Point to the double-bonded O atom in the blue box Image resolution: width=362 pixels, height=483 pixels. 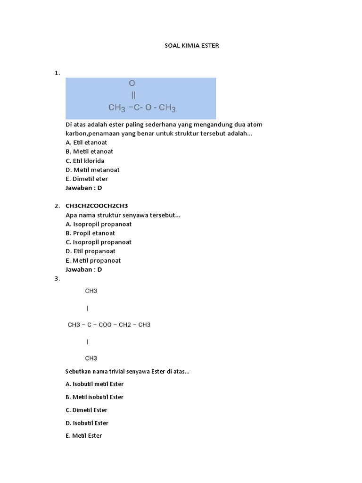tap(132, 83)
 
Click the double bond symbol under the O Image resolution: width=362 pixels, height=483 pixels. tap(133, 95)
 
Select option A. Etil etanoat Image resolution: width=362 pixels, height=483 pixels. tap(86, 142)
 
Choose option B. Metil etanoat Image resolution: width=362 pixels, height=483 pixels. tap(89, 151)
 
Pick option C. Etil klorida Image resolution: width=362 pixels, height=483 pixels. tap(85, 161)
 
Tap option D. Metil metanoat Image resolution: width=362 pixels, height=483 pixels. tap(92, 170)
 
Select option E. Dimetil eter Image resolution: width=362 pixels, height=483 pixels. tap(87, 179)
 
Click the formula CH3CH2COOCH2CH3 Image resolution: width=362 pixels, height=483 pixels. tap(97, 206)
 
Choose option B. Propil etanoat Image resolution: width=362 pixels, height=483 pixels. tap(90, 233)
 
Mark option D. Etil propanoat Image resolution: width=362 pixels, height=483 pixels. tap(90, 251)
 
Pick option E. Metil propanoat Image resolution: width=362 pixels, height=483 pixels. tap(93, 260)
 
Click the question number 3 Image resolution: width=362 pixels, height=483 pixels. tap(57, 279)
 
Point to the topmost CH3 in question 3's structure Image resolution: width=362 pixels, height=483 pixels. tap(91, 291)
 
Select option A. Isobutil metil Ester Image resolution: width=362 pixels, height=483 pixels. tap(94, 384)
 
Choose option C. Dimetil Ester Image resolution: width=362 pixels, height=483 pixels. tap(86, 410)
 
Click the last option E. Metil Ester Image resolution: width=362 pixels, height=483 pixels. tap(83, 436)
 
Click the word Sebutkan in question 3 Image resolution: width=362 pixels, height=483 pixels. tap(78, 371)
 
